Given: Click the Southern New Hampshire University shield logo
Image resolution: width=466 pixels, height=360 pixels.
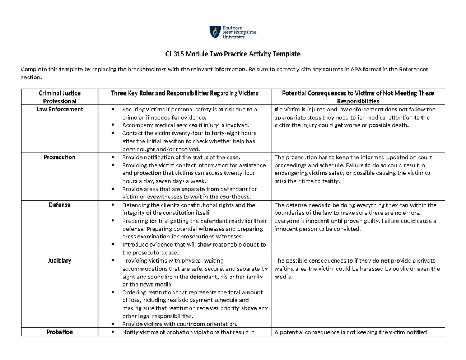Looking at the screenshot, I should [x=214, y=32].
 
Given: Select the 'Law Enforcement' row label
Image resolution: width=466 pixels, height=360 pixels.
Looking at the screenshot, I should [x=60, y=110].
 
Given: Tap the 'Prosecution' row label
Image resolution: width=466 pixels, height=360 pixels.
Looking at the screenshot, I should [x=60, y=157].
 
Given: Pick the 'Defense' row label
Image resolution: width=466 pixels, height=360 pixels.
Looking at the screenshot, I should [x=60, y=205].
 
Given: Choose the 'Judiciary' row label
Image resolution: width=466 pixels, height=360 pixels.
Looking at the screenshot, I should [x=60, y=261].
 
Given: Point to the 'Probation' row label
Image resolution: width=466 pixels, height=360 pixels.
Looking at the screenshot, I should [x=60, y=332].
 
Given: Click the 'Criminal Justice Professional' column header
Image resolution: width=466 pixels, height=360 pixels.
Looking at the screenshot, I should [x=60, y=97].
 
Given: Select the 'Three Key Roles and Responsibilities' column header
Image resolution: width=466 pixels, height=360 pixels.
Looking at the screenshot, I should [x=184, y=93].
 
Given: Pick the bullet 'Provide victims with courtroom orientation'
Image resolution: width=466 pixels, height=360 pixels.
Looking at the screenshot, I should [x=179, y=324].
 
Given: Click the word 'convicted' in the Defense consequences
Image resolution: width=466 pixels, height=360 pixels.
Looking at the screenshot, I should [x=348, y=229].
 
